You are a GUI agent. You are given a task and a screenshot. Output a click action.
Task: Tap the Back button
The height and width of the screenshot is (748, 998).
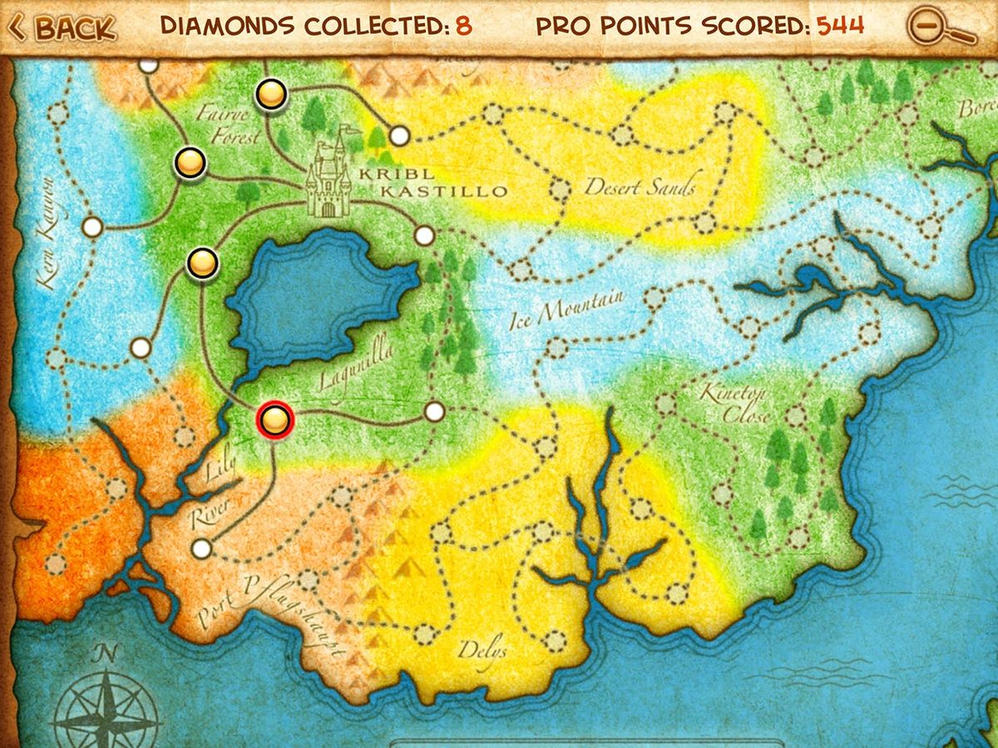[62, 27]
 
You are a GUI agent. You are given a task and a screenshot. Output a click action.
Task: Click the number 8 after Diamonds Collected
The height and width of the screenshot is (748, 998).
[463, 26]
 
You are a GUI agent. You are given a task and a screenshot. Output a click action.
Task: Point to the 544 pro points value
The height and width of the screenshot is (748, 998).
[840, 26]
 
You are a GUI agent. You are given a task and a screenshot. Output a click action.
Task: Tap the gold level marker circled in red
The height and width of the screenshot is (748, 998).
[274, 421]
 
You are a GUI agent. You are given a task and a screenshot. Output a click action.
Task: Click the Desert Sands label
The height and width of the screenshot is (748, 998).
[639, 187]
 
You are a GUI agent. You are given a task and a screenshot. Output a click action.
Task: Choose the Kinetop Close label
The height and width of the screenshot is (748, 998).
[735, 402]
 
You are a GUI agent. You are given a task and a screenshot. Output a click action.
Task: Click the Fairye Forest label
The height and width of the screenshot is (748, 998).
[229, 125]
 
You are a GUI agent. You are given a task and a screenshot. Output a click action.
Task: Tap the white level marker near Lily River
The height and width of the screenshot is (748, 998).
[200, 549]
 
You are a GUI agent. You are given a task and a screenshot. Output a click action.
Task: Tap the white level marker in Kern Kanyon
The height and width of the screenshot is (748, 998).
[92, 226]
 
